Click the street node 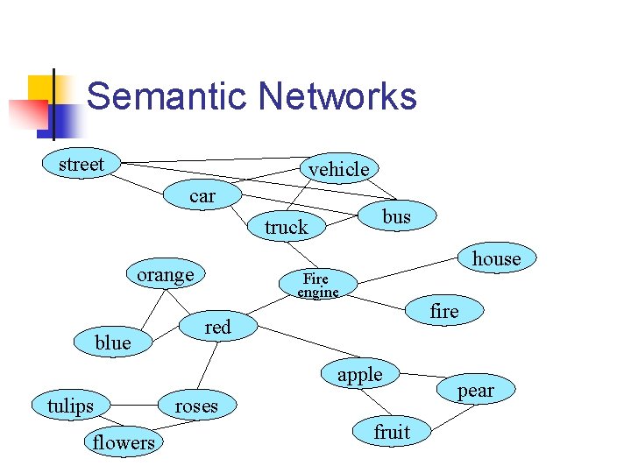click(x=82, y=164)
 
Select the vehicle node click(x=339, y=168)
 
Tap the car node click(x=202, y=195)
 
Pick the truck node click(x=287, y=227)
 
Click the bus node click(x=397, y=215)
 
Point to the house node click(x=496, y=258)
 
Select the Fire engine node click(x=317, y=285)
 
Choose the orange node click(x=166, y=274)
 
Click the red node click(x=217, y=327)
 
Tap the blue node click(x=112, y=342)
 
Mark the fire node click(x=444, y=311)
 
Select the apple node click(x=360, y=374)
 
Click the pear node click(x=476, y=390)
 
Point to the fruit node click(x=392, y=431)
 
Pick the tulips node click(x=70, y=406)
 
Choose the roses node click(x=196, y=406)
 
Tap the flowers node click(x=124, y=442)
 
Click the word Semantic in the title click(x=167, y=95)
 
